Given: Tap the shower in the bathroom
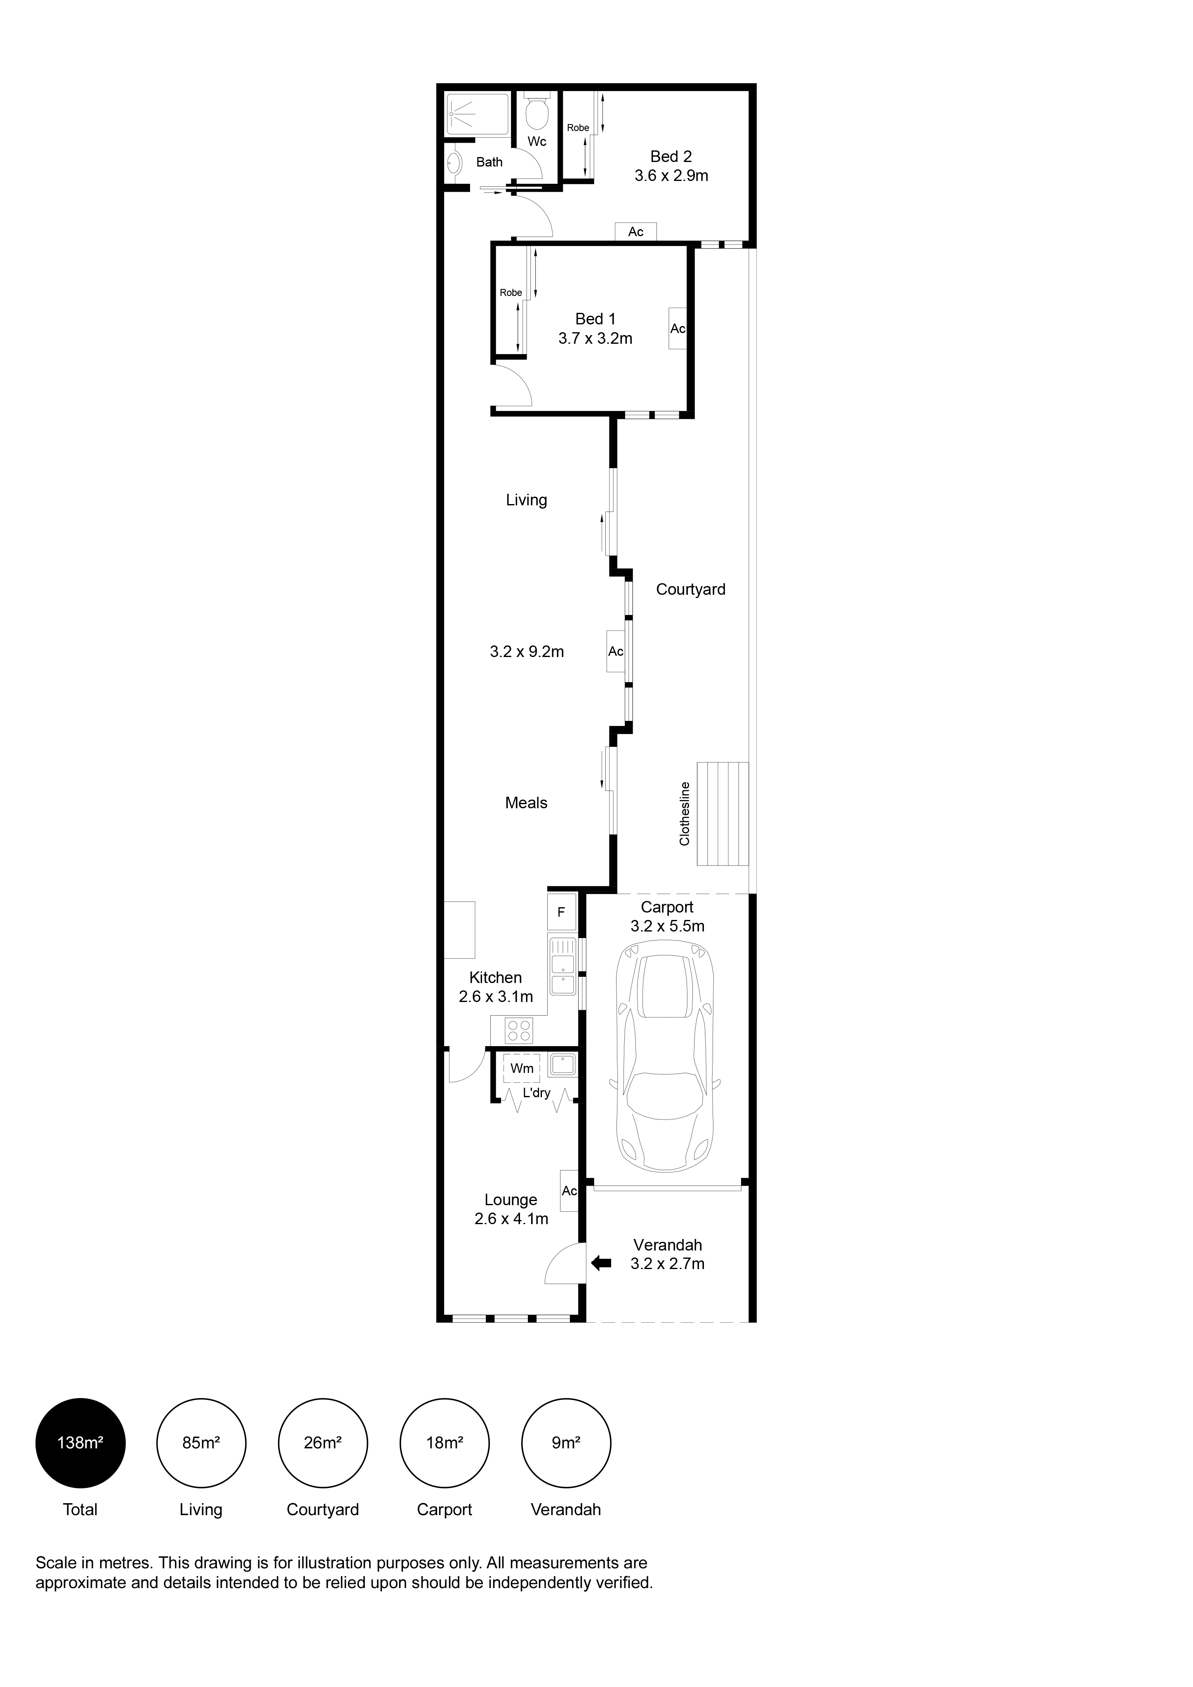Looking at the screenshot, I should coord(478,114).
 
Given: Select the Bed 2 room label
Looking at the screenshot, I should coord(671,157).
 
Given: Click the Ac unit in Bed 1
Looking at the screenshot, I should coord(677,328).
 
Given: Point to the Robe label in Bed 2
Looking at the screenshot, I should coord(578,128).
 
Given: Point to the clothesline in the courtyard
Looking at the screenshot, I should coord(722,813).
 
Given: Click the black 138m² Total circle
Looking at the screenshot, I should coord(80,1443).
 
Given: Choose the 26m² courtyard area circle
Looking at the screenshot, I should coord(323,1443).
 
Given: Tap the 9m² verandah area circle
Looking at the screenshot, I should coord(566,1443).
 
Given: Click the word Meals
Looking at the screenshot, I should coord(526,803).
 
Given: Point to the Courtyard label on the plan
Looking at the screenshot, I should coord(690,589).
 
